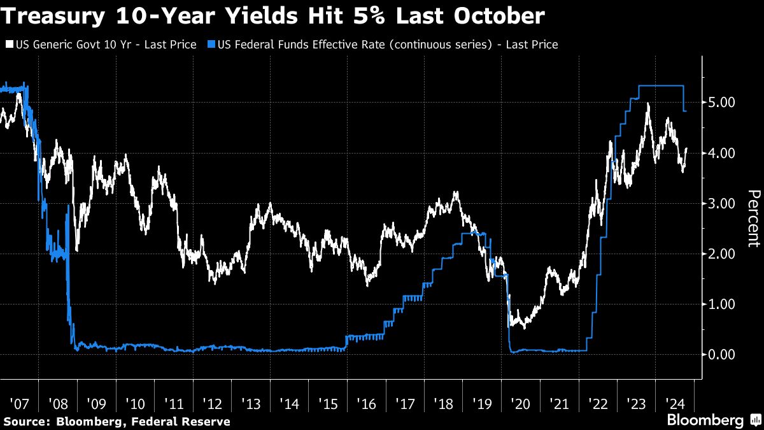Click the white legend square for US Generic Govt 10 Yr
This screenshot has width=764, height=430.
[x=9, y=45]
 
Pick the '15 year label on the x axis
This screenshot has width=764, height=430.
[x=328, y=404]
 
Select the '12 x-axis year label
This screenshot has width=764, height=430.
[x=211, y=404]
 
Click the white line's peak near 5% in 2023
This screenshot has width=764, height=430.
[x=647, y=103]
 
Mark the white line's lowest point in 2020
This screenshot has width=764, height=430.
[x=523, y=327]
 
